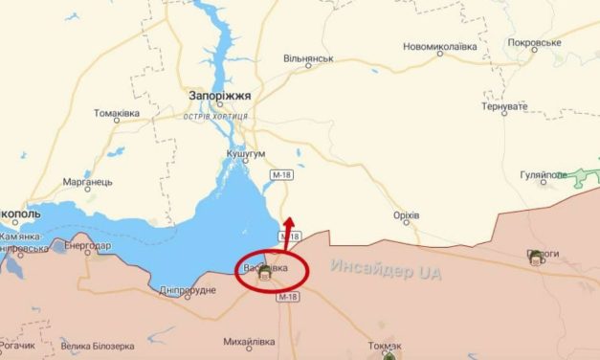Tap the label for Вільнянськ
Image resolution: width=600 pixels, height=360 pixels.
tap(308, 58)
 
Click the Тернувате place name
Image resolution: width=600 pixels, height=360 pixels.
tap(505, 106)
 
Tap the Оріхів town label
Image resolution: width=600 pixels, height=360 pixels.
tap(406, 215)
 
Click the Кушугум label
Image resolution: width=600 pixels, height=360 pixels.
tap(247, 154)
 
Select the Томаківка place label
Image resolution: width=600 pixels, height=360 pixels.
tap(117, 113)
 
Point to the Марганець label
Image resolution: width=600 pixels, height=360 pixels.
tap(88, 181)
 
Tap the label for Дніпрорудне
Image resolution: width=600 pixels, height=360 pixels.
tap(188, 290)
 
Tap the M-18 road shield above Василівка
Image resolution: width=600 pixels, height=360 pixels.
tap(291, 236)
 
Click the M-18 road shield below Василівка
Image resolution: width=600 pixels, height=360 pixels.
tap(287, 298)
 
